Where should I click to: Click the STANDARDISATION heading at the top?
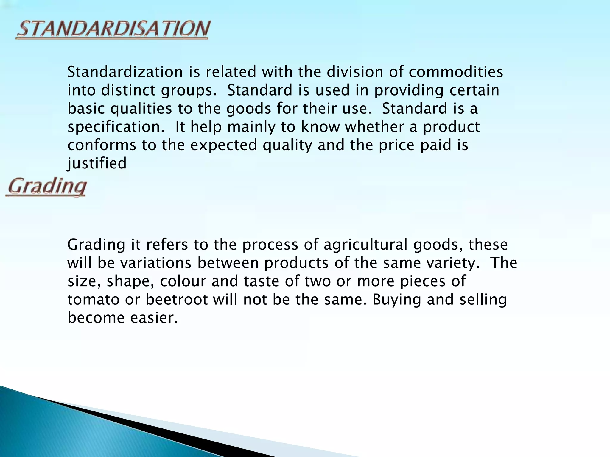(x=113, y=29)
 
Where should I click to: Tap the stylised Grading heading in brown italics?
(x=47, y=187)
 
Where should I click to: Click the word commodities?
(x=456, y=72)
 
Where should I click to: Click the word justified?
(x=97, y=164)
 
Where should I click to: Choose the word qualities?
(x=141, y=109)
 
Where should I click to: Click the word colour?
(x=183, y=281)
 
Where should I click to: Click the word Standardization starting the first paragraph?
(x=125, y=72)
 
